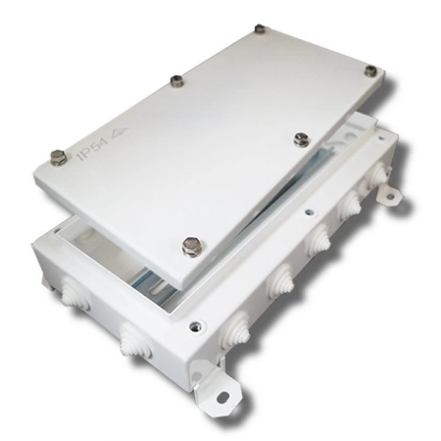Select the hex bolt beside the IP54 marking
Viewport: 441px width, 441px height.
click(59, 157)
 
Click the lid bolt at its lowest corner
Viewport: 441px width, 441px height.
click(192, 246)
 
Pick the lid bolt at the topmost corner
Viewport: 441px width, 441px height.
click(260, 28)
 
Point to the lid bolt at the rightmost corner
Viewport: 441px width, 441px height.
click(370, 71)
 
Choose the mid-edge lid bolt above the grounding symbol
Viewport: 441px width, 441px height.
click(176, 80)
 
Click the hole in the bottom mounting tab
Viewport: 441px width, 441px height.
click(223, 396)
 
